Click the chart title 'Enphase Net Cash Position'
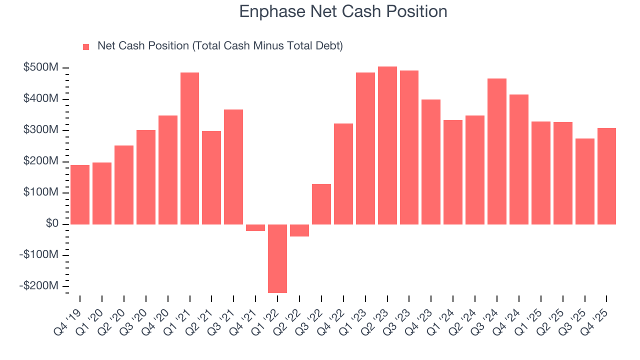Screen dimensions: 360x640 coord(343,11)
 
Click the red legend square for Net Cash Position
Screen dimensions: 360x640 coord(86,46)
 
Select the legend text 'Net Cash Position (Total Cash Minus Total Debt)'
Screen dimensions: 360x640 coord(220,46)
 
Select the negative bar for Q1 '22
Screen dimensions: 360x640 coord(277,258)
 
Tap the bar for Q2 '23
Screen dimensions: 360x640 coord(387,145)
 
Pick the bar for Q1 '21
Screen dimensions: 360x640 coord(189,148)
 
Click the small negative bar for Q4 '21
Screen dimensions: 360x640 coord(255,227)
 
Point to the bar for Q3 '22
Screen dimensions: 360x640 coord(321,204)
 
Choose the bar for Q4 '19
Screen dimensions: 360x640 coord(80,194)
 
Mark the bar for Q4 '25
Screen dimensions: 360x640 coord(606,176)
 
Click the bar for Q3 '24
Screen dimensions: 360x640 coord(497,151)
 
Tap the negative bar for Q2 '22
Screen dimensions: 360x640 coord(299,230)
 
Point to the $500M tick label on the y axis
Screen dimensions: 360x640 coord(40,67)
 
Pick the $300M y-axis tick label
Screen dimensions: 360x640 coord(40,130)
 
